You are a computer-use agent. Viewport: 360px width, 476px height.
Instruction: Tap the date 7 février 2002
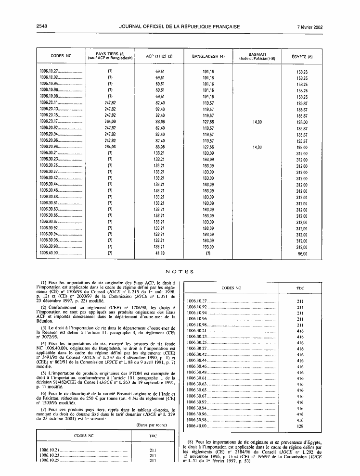coord(309,26)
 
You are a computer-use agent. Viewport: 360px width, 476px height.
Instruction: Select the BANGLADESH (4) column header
coord(208,57)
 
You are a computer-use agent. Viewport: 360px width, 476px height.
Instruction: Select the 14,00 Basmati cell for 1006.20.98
coord(257,147)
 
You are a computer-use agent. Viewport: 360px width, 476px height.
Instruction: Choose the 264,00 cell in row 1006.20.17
coord(110,122)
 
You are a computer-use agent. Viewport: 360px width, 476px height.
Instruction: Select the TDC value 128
coord(300,426)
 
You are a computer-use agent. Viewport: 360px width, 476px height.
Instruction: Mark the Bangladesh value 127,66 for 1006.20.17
coord(208,122)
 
